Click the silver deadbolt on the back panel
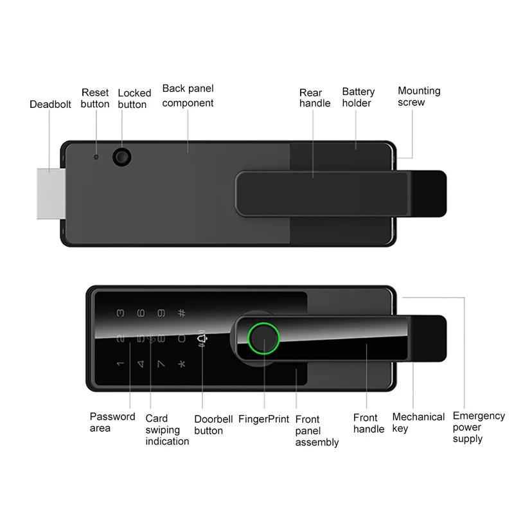51,193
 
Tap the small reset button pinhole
96,157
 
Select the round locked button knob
122,157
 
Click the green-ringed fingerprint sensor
263,339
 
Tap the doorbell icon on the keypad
202,339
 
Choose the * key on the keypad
182,364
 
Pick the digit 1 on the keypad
120,364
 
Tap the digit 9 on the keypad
161,314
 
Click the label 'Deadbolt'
50,104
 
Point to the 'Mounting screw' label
419,96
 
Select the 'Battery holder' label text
359,98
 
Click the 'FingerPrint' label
263,419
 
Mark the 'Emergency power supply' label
479,427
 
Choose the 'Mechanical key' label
418,423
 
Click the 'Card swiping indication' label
167,430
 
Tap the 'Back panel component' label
188,95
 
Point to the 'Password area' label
112,422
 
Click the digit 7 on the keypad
161,364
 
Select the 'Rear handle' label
315,98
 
